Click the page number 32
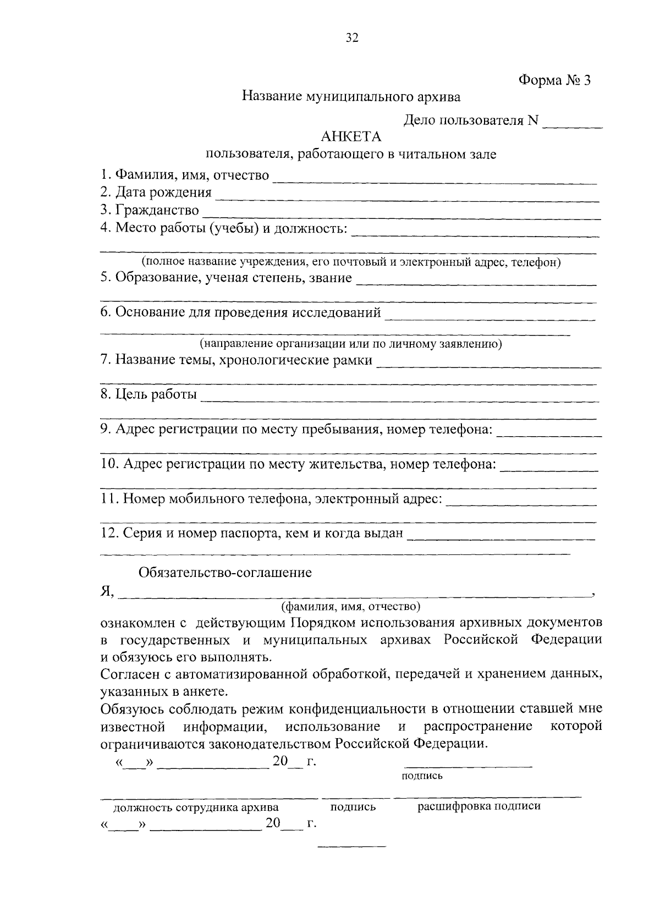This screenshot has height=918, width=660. tap(352, 38)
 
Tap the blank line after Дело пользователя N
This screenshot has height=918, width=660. tap(573, 124)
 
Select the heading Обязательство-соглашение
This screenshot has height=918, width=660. tap(225, 573)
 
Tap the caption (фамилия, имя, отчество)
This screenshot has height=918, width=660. tap(351, 607)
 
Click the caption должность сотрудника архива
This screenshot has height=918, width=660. tap(196, 807)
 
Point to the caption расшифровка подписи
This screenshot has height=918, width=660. tap(479, 806)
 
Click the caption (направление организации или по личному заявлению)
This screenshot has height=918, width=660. tap(350, 344)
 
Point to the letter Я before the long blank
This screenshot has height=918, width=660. tap(106, 591)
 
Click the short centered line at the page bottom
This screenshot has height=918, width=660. tap(352, 846)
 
